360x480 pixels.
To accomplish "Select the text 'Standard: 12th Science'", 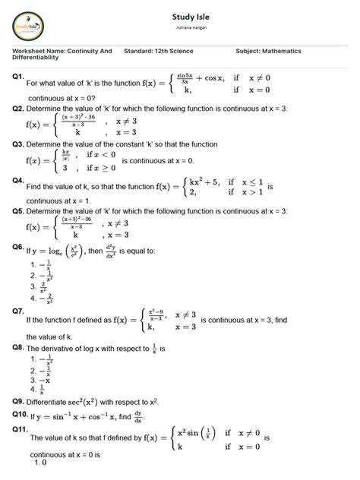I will (158, 51).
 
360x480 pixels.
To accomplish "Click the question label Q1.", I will (19, 77).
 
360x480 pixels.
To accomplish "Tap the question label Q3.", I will (19, 143).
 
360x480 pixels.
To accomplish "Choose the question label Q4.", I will (19, 181).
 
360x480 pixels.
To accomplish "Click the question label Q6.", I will (19, 248).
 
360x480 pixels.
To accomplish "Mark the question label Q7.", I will (19, 311).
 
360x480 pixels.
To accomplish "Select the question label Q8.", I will (19, 346).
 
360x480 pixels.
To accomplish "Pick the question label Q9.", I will (19, 400).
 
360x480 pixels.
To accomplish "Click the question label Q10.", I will (21, 415).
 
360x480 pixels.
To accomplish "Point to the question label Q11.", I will (21, 429).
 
